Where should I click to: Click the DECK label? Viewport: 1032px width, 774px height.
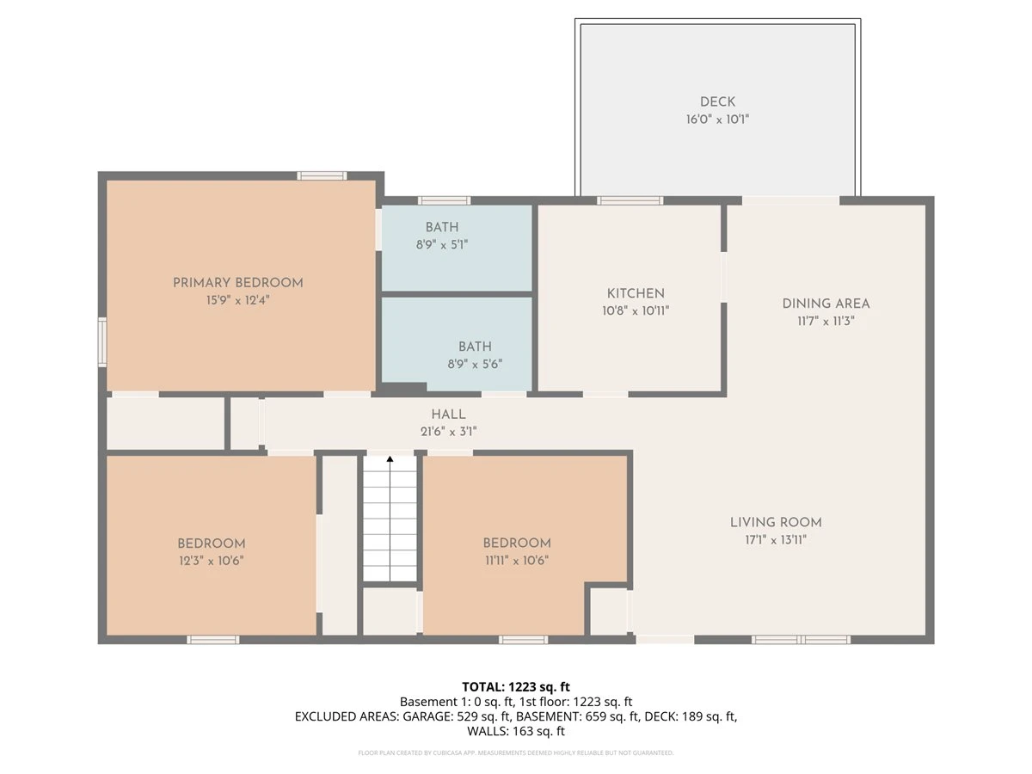717,101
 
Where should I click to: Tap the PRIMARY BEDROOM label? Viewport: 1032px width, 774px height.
238,283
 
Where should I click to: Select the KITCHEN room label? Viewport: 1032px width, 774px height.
636,293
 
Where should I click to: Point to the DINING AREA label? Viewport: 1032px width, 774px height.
826,304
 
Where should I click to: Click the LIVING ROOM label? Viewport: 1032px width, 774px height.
776,522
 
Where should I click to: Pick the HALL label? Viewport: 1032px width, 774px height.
449,414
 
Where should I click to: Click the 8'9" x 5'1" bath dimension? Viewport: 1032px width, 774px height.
442,244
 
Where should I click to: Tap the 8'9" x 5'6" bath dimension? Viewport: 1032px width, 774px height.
475,364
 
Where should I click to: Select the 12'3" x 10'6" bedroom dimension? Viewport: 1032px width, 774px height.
212,561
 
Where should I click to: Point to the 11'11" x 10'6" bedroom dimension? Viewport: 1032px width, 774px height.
517,560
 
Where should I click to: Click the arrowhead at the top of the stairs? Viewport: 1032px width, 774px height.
390,458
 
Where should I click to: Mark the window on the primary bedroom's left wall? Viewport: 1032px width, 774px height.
102,341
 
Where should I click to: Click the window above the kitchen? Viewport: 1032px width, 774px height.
630,200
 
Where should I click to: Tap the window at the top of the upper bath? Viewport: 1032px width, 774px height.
445,200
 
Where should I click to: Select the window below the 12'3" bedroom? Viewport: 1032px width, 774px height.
213,640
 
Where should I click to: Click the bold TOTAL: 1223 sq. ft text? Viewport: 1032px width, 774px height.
516,687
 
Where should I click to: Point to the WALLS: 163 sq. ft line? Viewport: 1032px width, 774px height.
516,731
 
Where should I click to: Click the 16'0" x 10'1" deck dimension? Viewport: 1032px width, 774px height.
717,119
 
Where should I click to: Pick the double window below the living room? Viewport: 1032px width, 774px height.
801,640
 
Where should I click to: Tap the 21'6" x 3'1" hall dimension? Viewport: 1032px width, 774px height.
449,432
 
